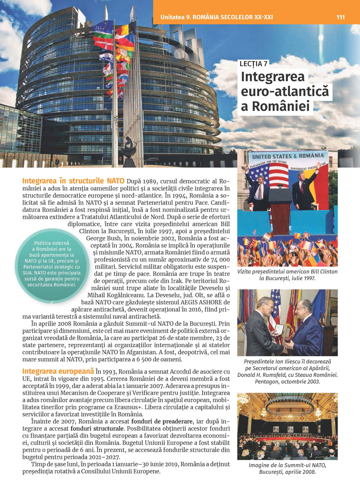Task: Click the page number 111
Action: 340,17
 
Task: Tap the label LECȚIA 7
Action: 253,64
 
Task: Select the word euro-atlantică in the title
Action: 284,91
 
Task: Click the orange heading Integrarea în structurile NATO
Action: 73,181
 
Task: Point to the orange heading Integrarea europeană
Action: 58,371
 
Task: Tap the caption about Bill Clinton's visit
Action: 287,275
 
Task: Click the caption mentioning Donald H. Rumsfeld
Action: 287,371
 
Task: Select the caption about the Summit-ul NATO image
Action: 287,468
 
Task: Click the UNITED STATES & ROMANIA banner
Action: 288,156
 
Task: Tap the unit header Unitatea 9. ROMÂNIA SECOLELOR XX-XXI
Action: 217,17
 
